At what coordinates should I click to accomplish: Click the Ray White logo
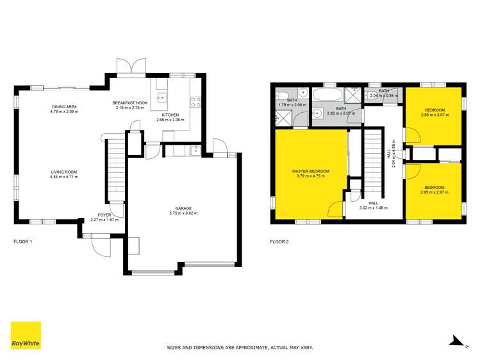26,335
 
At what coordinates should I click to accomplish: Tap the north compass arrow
455,341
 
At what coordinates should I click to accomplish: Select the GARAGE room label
183,209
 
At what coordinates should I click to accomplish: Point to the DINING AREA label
64,106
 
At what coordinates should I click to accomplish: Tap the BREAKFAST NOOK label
130,103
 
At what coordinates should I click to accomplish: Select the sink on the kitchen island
162,97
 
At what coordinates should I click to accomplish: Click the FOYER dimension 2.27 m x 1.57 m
104,220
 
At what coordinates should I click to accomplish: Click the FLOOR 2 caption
279,241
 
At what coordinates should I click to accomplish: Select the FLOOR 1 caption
22,241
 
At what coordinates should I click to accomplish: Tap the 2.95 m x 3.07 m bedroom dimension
433,115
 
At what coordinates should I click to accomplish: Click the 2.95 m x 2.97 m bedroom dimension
433,192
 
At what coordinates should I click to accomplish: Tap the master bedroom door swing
334,209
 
